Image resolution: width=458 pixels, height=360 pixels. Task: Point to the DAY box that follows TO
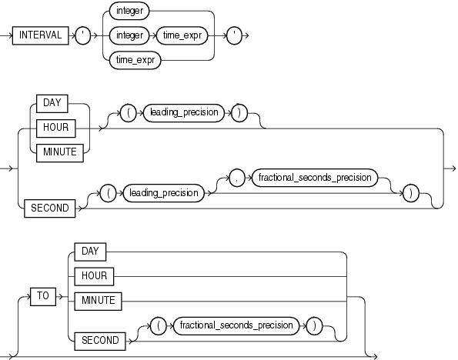[x=90, y=249]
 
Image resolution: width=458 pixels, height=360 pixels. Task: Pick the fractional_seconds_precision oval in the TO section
[x=236, y=325]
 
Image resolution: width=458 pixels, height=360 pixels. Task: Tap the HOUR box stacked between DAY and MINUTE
[x=59, y=126]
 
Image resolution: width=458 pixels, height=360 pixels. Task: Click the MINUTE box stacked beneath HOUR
[x=59, y=152]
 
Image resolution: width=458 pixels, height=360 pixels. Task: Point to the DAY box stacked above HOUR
[x=59, y=102]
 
